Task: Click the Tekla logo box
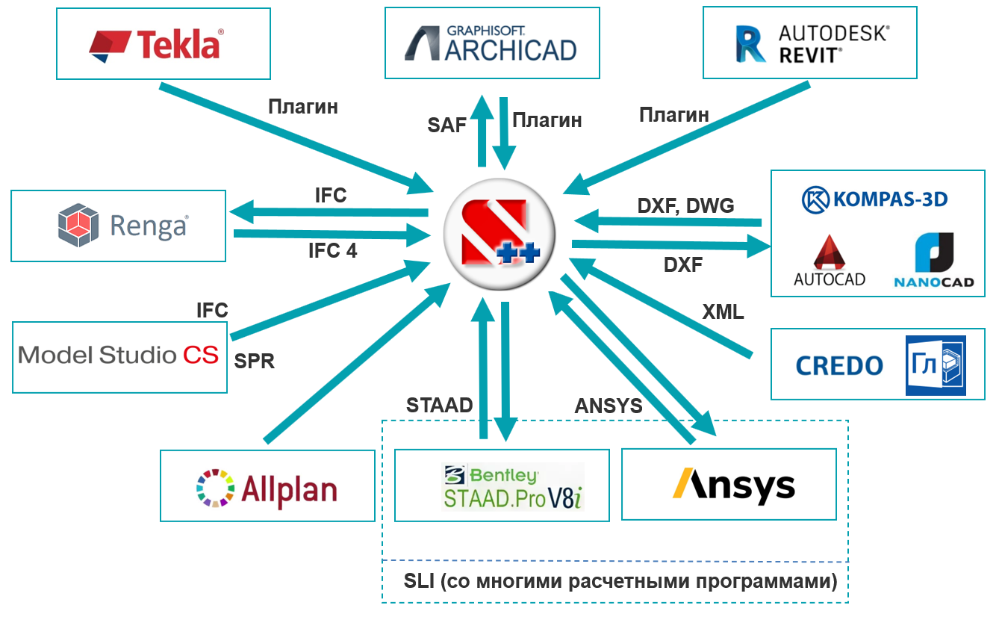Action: (163, 43)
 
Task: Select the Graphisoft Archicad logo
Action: (491, 43)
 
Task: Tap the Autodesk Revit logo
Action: (809, 43)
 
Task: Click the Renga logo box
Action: (118, 226)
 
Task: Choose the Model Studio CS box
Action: (119, 356)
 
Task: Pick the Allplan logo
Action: (267, 486)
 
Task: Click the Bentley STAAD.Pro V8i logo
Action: (511, 486)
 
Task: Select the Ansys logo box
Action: (729, 484)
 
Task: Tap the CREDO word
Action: (839, 366)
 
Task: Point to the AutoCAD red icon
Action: (829, 254)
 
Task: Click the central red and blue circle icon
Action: (498, 233)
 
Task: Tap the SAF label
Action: (447, 125)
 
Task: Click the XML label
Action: (723, 312)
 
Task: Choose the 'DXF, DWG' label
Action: (686, 205)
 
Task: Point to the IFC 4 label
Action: (332, 251)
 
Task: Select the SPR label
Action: (255, 362)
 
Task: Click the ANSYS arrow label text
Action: (608, 406)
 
